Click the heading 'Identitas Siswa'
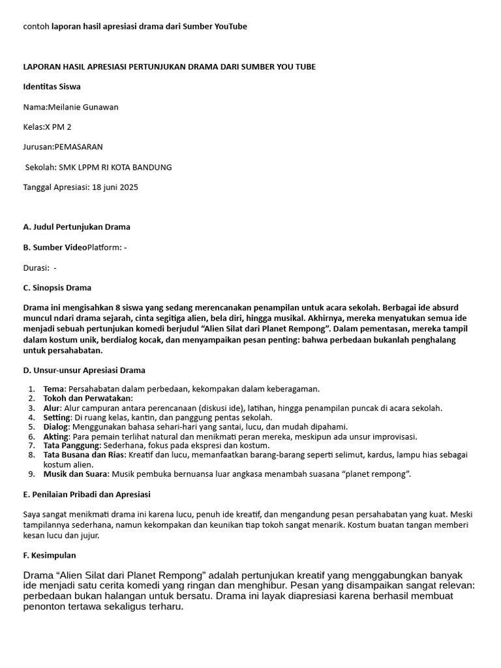pos(52,87)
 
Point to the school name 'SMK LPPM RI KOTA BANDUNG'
pos(115,167)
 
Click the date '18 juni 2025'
pos(115,187)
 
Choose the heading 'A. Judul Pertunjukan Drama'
pos(76,227)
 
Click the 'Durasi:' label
pos(37,267)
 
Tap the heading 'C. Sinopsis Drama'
pos(57,288)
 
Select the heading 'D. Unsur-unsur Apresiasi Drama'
pos(84,371)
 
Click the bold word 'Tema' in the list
pos(54,389)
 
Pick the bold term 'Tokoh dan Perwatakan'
pos(87,399)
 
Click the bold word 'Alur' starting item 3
pos(52,408)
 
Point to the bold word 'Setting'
pos(57,417)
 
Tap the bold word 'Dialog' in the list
pos(56,427)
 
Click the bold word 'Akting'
pos(56,436)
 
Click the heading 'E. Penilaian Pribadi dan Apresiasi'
pos(87,494)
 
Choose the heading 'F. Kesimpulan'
pos(49,555)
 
